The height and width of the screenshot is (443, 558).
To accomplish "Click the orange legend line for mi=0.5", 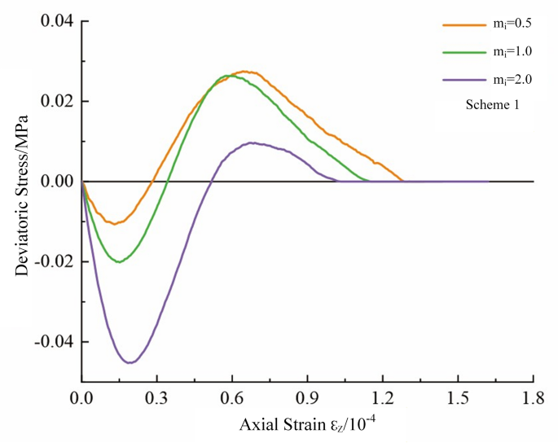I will [462, 24].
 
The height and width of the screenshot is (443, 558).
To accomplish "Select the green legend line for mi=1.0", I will [462, 51].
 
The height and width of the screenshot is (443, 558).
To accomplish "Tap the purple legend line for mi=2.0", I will [462, 79].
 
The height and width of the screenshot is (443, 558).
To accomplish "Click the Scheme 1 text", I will [492, 105].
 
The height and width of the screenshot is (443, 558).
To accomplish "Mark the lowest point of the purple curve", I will [130, 362].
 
